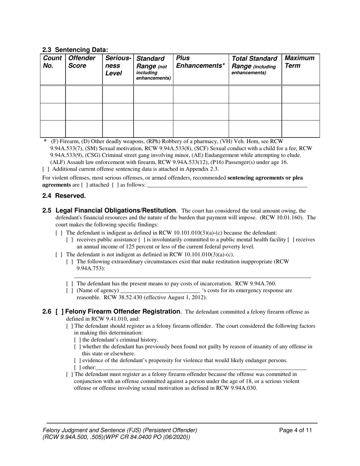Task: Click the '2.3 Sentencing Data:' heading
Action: [75, 50]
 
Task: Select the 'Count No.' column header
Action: [52, 62]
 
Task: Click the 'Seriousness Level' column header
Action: [118, 66]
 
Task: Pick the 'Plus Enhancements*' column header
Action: [200, 62]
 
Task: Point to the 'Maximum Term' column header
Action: [299, 62]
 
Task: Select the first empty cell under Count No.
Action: [53, 94]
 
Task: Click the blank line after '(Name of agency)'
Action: [160, 291]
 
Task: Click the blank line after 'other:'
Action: [201, 367]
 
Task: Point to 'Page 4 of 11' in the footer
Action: [296, 430]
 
